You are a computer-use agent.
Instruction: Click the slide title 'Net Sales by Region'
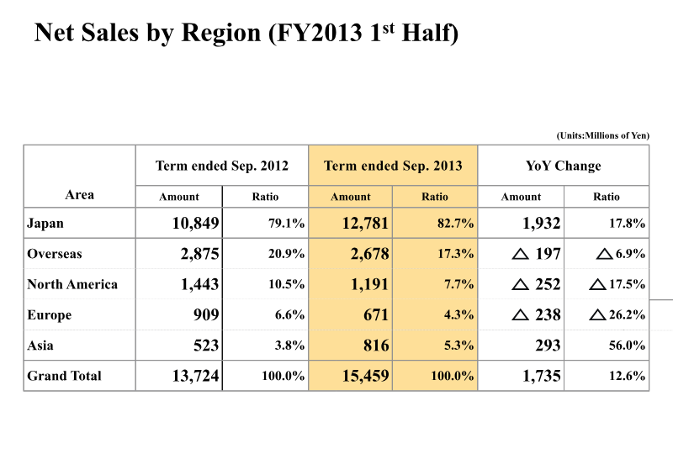click(x=147, y=33)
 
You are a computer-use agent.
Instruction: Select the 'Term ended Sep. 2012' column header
click(x=222, y=166)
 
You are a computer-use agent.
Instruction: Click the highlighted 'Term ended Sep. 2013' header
click(x=393, y=166)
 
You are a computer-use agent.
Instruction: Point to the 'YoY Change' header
click(x=563, y=166)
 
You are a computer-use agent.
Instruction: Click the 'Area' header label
click(x=79, y=195)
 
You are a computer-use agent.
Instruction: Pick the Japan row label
click(x=45, y=224)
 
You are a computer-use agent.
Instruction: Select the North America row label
click(x=72, y=284)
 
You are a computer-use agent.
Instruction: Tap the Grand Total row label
click(x=64, y=376)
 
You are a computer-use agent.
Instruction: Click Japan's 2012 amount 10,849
click(x=195, y=223)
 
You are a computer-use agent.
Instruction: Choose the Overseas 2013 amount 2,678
click(x=369, y=254)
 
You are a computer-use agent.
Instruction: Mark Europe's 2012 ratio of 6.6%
click(x=289, y=315)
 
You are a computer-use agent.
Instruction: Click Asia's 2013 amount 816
click(x=376, y=346)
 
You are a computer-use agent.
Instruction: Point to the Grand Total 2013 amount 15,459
click(x=365, y=376)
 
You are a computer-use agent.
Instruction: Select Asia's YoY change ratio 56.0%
click(x=627, y=346)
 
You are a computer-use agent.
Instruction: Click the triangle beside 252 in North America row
click(x=520, y=284)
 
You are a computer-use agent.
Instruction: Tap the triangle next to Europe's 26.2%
click(x=597, y=315)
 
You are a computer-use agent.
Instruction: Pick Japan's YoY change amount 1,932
click(x=541, y=223)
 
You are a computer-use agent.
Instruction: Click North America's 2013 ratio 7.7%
click(x=458, y=284)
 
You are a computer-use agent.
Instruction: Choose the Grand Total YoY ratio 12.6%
click(x=627, y=376)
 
